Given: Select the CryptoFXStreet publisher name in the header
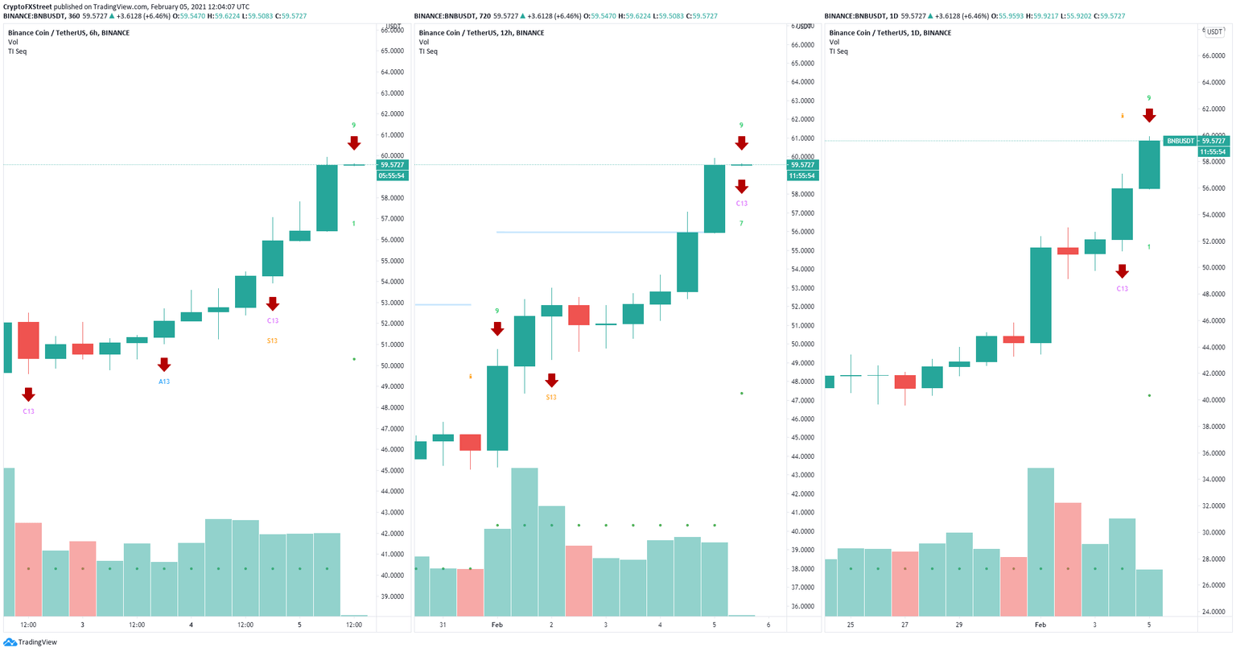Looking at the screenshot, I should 28,6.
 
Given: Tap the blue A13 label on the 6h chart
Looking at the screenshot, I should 164,382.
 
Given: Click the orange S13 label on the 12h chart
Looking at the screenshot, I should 551,397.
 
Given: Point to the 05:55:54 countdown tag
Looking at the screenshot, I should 393,175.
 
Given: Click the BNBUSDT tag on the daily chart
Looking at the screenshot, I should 1180,141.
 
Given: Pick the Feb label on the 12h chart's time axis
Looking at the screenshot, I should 496,625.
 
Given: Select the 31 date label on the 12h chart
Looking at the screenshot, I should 443,625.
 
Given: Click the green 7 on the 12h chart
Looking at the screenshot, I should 741,223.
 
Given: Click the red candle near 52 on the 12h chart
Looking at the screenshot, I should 579,315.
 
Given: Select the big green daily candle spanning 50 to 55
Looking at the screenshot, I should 1040,295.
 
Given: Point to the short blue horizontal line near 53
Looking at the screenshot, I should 443,304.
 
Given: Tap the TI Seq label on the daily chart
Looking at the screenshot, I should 838,52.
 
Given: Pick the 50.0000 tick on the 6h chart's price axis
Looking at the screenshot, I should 392,365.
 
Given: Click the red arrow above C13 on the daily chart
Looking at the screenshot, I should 1122,271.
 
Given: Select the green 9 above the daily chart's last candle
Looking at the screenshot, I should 1149,98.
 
